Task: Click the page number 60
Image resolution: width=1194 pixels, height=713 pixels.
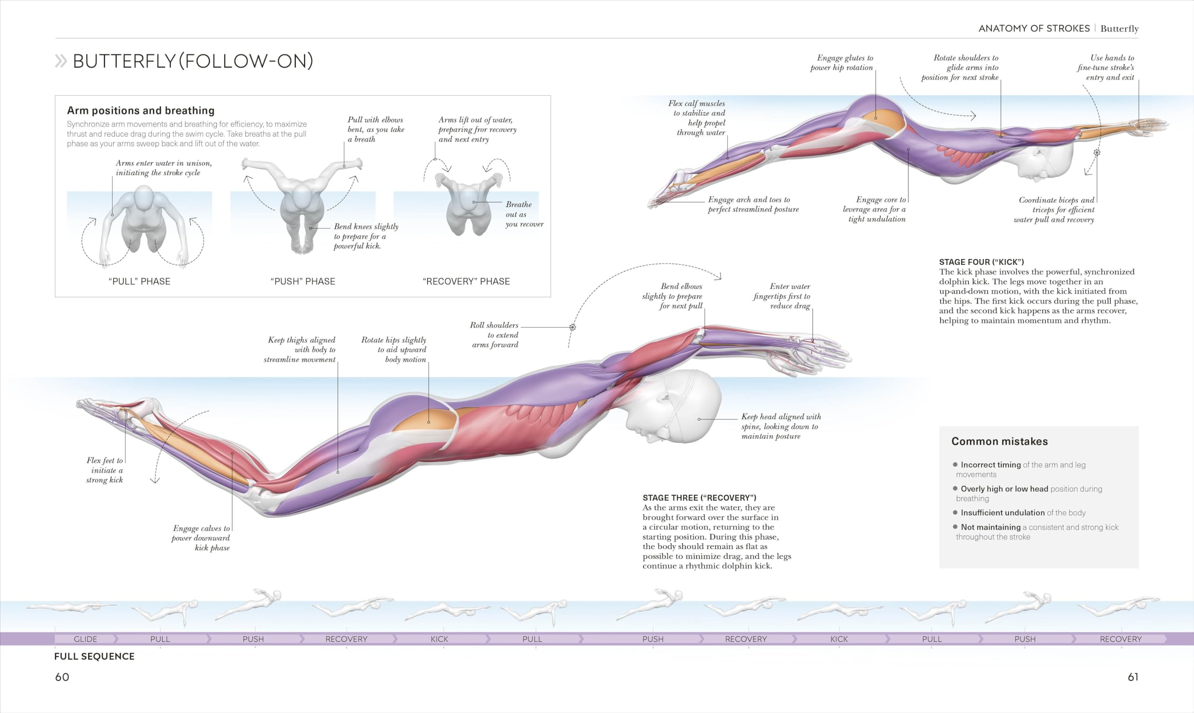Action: [62, 677]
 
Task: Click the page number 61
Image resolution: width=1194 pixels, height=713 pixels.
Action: [1133, 677]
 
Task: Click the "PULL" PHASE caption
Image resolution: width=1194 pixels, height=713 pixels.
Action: [139, 281]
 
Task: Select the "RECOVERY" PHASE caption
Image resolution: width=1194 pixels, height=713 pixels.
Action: [466, 281]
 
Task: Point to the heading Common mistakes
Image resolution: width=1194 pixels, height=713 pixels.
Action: [999, 441]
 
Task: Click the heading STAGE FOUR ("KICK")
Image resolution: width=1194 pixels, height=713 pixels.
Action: [981, 262]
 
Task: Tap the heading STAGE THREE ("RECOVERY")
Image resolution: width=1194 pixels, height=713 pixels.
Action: [699, 498]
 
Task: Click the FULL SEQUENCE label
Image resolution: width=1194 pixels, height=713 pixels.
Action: [94, 656]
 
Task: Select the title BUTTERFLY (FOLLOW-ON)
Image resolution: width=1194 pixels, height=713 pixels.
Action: [193, 61]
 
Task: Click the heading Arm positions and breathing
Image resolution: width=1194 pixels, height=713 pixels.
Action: [140, 110]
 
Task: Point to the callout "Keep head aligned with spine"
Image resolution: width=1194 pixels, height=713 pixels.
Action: [781, 426]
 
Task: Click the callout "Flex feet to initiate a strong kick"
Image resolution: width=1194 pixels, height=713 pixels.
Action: [105, 470]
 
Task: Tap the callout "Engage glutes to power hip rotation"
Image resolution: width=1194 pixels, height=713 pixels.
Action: [841, 62]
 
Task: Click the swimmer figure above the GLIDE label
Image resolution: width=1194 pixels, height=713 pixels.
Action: [71, 607]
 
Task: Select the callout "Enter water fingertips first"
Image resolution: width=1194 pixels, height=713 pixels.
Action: [782, 296]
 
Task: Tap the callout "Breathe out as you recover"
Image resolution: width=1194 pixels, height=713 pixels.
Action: [524, 214]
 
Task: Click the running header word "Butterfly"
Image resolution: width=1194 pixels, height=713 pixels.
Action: [1119, 28]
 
